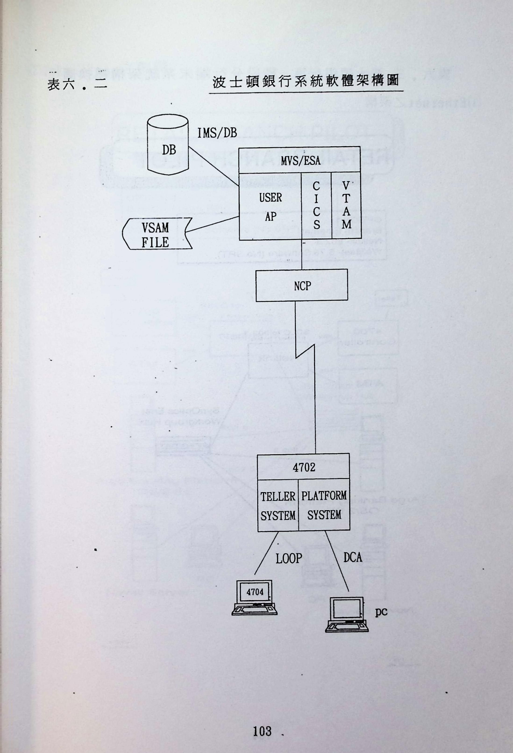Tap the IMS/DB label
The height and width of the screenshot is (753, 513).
(x=217, y=133)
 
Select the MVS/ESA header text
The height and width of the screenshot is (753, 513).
(x=300, y=160)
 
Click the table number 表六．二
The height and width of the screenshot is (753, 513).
(x=77, y=85)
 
